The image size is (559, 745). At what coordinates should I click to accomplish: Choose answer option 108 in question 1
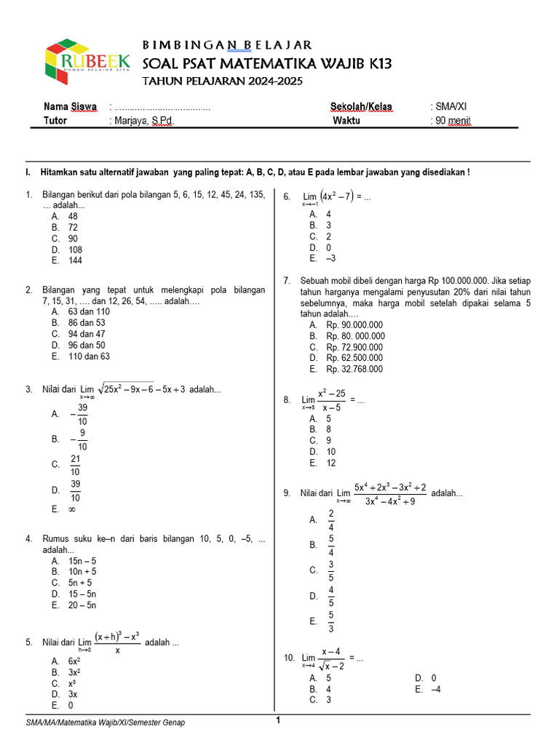[x=75, y=250]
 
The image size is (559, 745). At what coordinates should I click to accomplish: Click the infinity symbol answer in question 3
[x=72, y=510]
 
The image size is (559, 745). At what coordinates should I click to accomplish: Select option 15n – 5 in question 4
[x=82, y=562]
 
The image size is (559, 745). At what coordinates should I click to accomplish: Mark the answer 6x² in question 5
[x=74, y=661]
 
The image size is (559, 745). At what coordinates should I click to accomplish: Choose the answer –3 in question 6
[x=331, y=258]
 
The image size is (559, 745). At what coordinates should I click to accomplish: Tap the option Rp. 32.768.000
[x=355, y=369]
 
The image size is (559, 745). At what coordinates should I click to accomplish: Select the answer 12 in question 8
[x=331, y=463]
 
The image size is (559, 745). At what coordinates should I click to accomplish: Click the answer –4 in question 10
[x=438, y=689]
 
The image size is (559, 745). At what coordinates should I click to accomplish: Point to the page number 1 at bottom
[x=277, y=720]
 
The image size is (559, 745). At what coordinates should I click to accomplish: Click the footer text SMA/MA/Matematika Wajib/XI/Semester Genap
[x=106, y=722]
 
